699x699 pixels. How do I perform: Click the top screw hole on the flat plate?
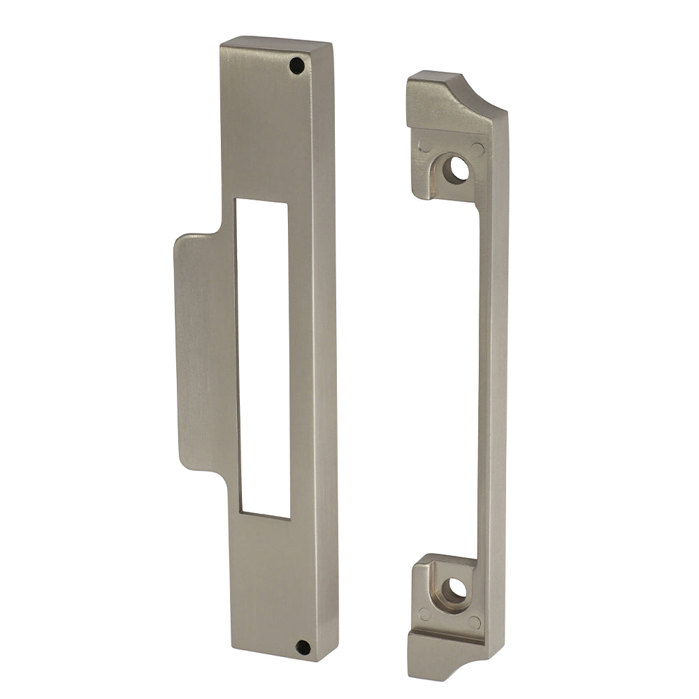[297, 66]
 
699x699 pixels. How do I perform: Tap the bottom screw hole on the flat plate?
[303, 647]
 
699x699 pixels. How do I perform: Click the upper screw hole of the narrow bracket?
[458, 169]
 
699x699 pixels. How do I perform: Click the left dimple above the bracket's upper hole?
[424, 146]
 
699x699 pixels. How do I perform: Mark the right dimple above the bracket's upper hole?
[477, 149]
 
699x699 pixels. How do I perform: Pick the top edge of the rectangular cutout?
[261, 201]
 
